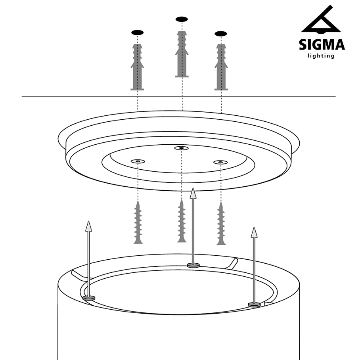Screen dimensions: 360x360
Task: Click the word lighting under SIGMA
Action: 321,56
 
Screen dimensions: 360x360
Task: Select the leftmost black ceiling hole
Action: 137,33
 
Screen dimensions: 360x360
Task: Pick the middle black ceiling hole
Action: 182,19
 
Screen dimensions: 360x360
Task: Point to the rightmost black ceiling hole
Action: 220,34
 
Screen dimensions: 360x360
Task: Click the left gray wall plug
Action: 137,67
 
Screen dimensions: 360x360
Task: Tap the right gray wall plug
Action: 221,67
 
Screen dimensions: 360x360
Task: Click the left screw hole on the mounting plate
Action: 138,161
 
